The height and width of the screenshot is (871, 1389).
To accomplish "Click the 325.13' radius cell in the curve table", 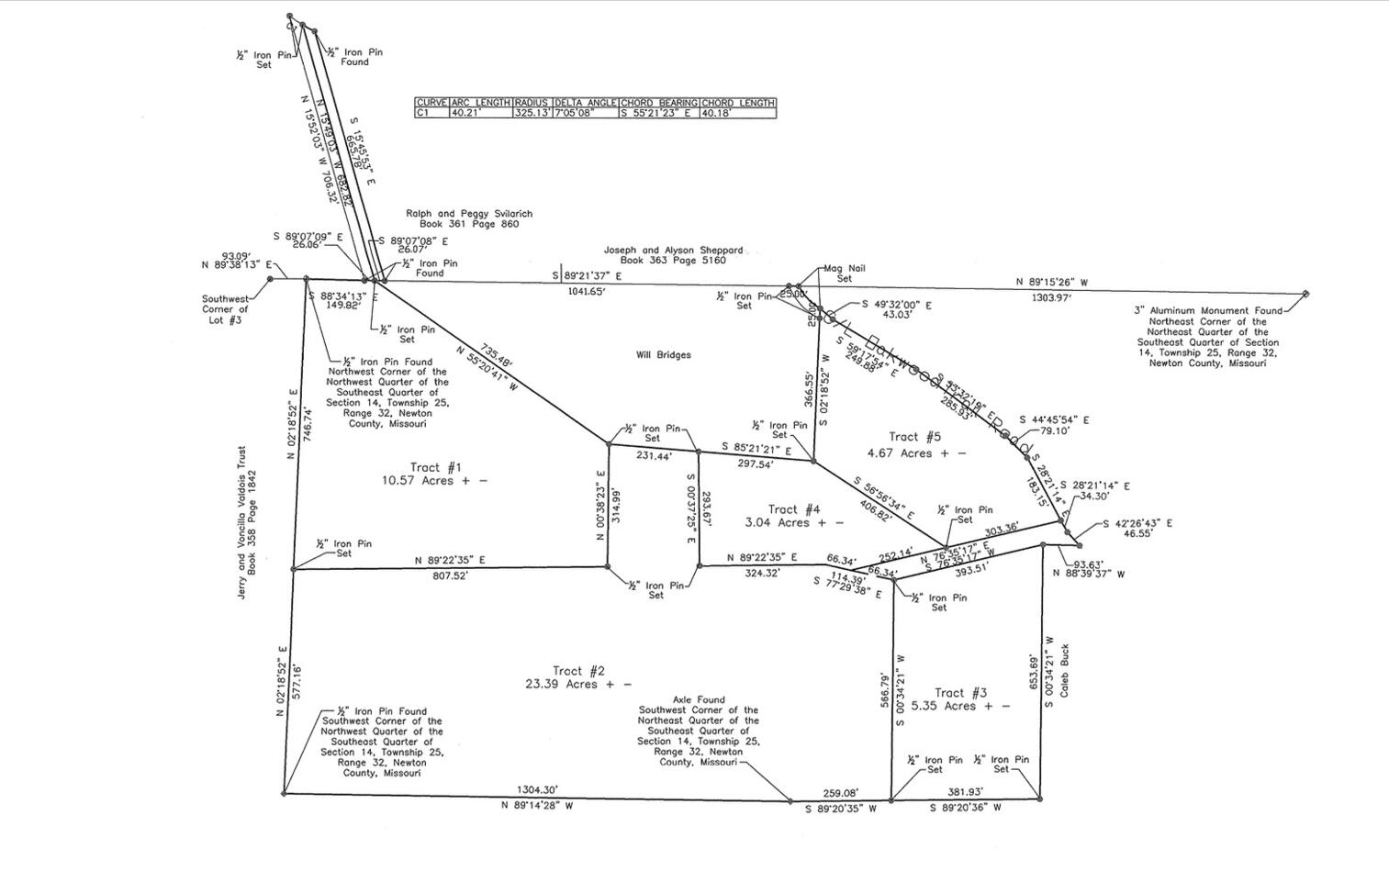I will (532, 113).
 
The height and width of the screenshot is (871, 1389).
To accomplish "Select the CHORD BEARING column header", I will (659, 103).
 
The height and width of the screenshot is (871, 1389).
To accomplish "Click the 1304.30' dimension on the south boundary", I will (536, 789).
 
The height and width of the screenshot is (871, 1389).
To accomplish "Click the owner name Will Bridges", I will (663, 355).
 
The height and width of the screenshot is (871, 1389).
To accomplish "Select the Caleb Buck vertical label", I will (1065, 670).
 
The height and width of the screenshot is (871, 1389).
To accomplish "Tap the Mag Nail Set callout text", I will (844, 274).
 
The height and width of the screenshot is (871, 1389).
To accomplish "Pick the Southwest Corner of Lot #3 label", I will (225, 309).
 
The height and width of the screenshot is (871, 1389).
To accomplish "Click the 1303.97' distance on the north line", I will (1051, 297).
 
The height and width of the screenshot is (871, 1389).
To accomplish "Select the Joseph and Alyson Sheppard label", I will (673, 255).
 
